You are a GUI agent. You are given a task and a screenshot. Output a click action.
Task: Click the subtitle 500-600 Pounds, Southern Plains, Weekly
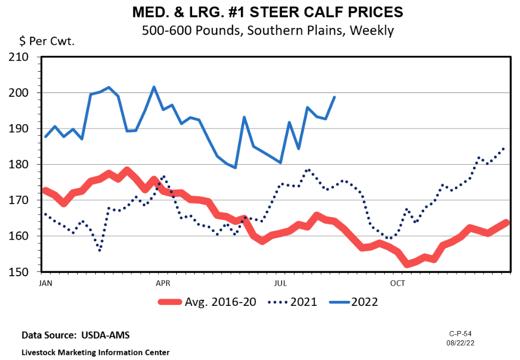268,30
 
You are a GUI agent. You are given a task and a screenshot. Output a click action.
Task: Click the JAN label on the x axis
46,283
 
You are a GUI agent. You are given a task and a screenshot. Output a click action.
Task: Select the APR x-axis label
163,283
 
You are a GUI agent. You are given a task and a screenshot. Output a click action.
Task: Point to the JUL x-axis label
280,283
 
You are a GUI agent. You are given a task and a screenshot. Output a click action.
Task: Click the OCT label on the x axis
398,283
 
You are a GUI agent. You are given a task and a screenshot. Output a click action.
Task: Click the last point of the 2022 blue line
334,97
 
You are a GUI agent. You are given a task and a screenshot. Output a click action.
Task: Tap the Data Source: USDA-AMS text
76,335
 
